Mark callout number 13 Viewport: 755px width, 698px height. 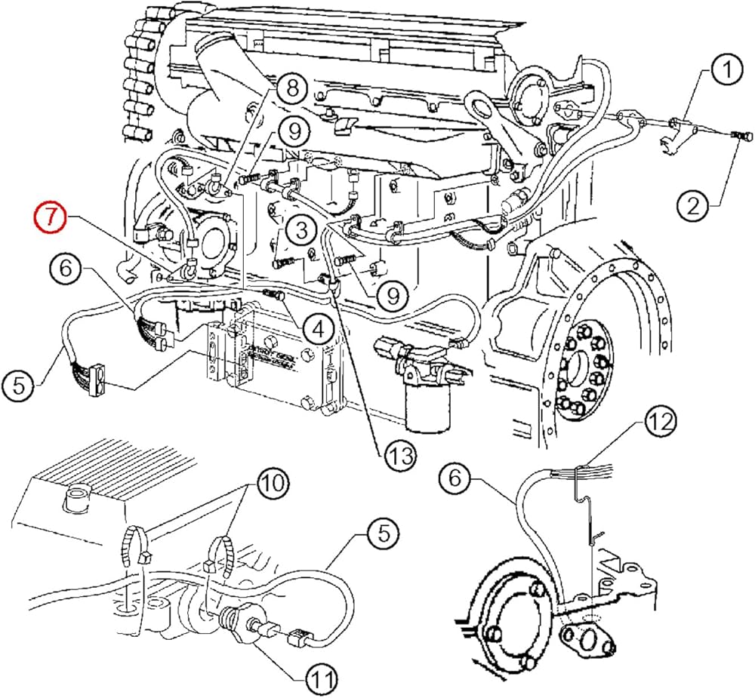[x=399, y=455]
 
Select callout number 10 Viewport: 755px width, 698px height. [x=273, y=481]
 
